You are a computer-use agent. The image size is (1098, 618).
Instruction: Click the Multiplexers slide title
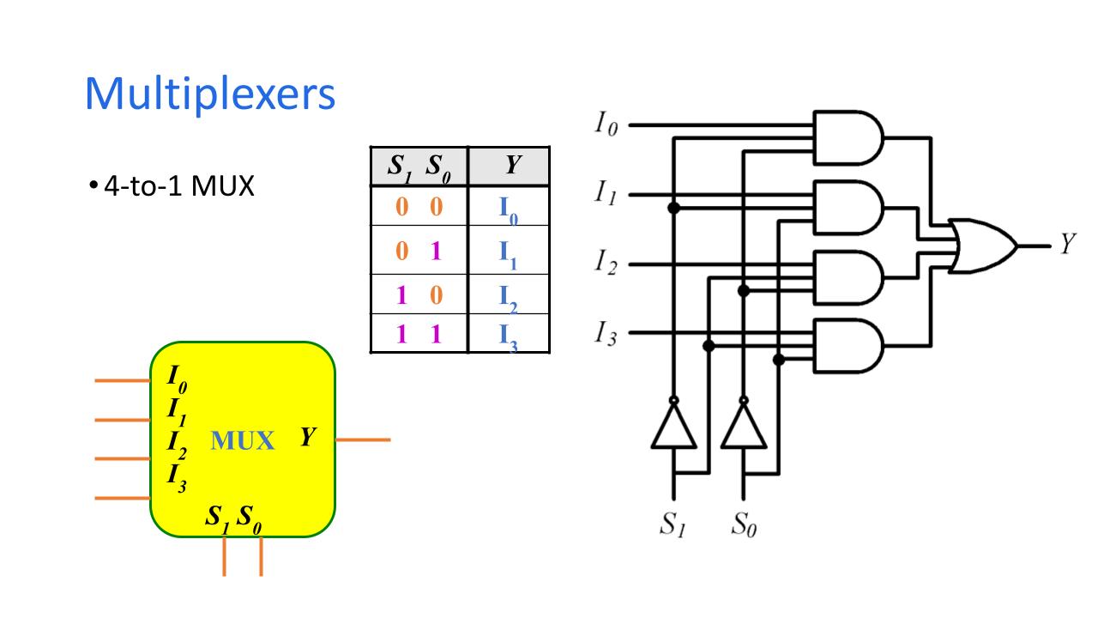(x=210, y=94)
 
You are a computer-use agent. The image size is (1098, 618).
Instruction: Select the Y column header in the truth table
(x=511, y=166)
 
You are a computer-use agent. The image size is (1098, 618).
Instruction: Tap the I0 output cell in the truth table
(x=509, y=209)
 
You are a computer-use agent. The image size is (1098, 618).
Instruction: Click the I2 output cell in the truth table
(x=509, y=295)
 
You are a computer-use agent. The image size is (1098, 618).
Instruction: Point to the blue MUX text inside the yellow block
(x=243, y=441)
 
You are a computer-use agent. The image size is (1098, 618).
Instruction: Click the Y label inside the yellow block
(x=308, y=437)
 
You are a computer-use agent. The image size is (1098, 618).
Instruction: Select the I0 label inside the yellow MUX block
(x=175, y=378)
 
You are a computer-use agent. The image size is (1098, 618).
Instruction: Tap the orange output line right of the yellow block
(x=362, y=439)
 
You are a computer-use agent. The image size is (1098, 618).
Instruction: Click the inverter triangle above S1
(x=673, y=427)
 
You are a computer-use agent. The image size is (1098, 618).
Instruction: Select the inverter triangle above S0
(x=743, y=427)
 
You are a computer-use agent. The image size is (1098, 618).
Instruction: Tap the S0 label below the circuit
(x=744, y=523)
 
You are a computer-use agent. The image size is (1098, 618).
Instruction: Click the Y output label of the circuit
(x=1066, y=245)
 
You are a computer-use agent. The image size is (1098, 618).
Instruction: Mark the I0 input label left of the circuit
(x=606, y=125)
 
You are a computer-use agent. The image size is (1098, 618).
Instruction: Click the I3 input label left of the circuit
(x=606, y=333)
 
